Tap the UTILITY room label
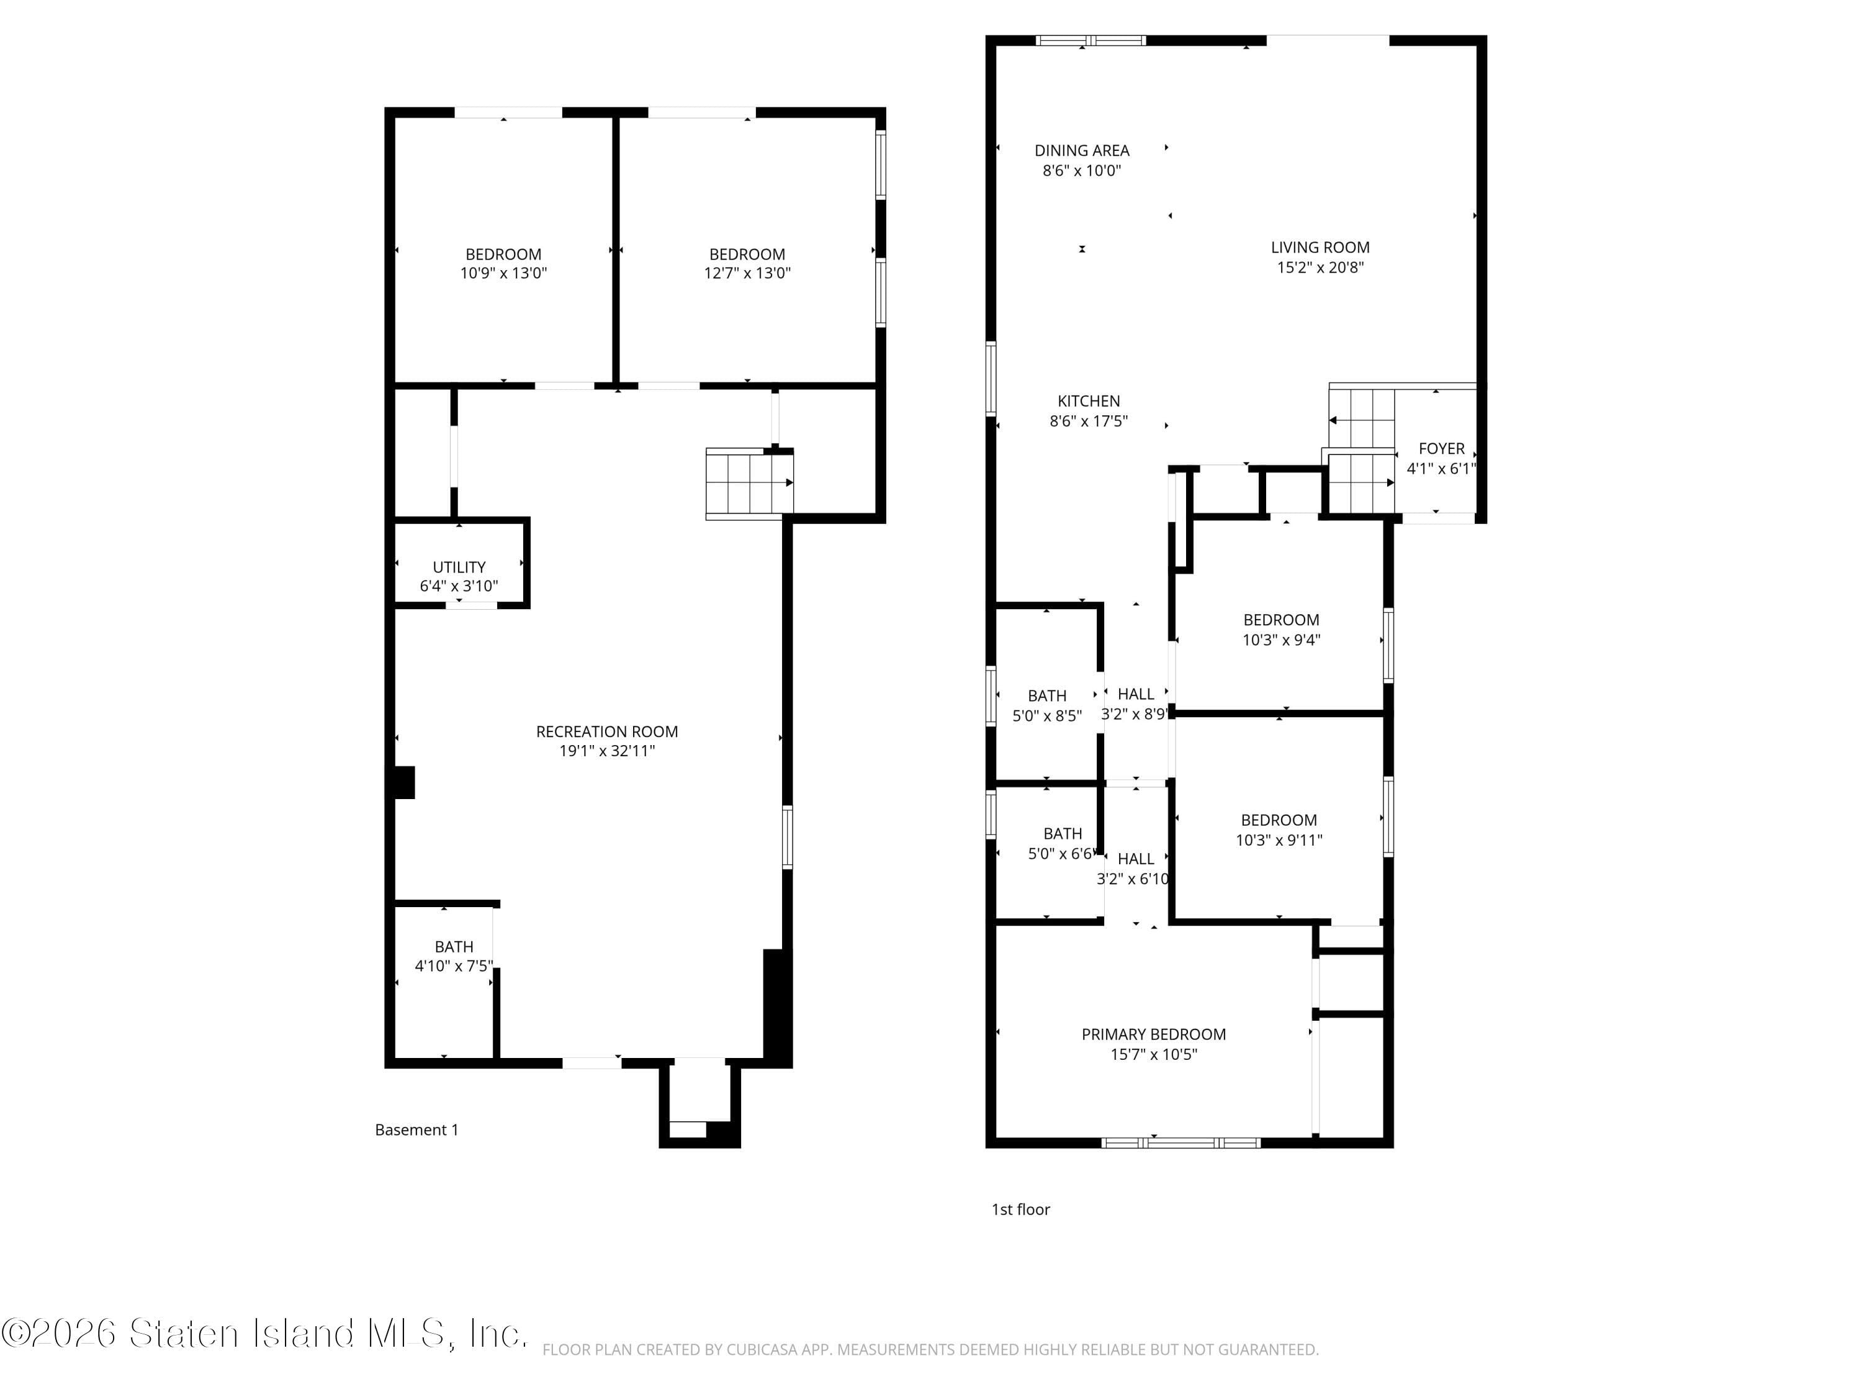coord(459,567)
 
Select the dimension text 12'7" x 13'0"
coord(747,273)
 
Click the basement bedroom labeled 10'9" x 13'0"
coord(503,263)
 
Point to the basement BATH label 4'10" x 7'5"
coord(454,956)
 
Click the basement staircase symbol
coord(747,482)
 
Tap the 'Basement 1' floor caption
coord(416,1130)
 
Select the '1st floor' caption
coord(1020,1209)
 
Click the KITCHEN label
coord(1089,402)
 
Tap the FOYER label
coord(1441,449)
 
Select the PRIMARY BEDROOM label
coord(1153,1034)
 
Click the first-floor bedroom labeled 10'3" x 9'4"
coord(1280,629)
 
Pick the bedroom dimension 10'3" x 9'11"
coord(1279,839)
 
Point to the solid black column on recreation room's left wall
coord(405,782)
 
